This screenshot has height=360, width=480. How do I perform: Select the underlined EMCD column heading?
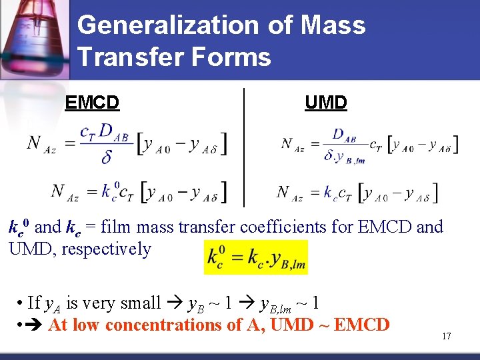92,103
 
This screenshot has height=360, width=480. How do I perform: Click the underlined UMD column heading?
326,103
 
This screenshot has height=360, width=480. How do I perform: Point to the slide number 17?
446,336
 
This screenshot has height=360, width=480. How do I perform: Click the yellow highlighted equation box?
256,257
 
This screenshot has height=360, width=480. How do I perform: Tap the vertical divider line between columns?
245,147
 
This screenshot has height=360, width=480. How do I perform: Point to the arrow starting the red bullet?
35,325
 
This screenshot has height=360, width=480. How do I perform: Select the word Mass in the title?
333,25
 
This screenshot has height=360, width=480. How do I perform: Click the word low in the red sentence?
85,325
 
